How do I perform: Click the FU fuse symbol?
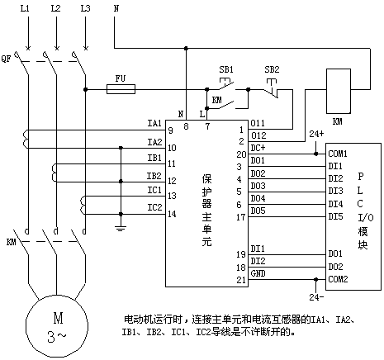tap(121, 89)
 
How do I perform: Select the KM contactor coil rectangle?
tap(339, 91)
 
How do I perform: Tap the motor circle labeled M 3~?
tap(57, 326)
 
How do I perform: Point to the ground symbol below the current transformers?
tap(121, 227)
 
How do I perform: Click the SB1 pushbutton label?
tap(226, 69)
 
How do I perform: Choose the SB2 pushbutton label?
tap(272, 69)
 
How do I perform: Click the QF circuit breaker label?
tap(6, 59)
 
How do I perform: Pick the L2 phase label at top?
tap(55, 8)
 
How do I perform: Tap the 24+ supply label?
tap(316, 134)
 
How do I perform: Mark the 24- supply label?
tap(316, 297)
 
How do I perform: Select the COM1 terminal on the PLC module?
tap(338, 154)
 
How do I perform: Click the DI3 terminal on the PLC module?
tap(335, 191)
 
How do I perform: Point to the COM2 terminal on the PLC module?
tap(338, 279)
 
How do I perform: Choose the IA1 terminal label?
tap(154, 123)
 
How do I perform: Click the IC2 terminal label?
tap(154, 207)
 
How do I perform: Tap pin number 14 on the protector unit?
tap(172, 214)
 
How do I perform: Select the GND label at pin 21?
tap(258, 273)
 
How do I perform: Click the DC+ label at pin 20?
tap(258, 148)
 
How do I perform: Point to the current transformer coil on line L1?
tap(26, 140)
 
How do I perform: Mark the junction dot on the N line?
tap(186, 49)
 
